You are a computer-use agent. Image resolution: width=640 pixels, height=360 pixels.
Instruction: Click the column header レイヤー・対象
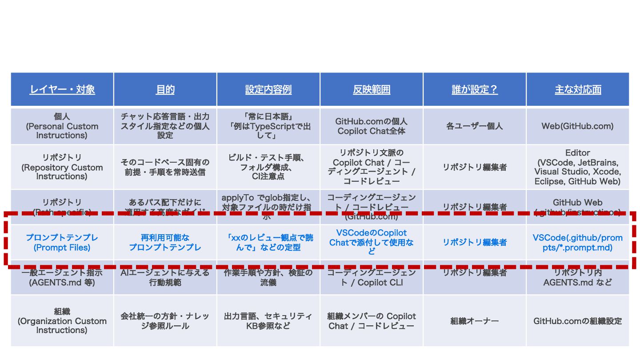62,89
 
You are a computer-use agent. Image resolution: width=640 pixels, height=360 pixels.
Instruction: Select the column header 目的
165,89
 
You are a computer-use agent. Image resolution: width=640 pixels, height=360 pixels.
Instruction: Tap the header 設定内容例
268,89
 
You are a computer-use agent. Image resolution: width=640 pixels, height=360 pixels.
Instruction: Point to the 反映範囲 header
372,89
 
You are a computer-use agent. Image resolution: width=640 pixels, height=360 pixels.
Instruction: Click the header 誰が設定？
475,89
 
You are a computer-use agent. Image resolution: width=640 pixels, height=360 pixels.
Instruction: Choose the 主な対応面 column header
578,89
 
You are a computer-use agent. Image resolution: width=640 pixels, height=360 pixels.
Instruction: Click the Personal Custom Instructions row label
62,126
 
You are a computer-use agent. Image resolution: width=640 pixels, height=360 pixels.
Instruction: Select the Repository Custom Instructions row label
62,167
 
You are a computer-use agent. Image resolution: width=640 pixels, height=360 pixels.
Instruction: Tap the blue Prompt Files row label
62,242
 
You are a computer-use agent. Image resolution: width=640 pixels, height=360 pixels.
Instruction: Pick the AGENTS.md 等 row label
62,277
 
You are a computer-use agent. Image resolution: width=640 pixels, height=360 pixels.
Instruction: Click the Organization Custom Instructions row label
62,320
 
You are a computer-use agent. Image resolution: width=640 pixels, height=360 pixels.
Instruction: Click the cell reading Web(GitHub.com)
578,126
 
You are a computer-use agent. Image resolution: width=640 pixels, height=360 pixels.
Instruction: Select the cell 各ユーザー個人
475,126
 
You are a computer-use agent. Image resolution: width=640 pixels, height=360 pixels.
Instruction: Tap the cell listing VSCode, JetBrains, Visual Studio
578,167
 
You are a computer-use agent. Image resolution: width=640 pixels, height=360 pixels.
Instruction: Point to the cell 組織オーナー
475,320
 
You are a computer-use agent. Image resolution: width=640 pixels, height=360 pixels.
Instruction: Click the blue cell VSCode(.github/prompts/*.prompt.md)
578,242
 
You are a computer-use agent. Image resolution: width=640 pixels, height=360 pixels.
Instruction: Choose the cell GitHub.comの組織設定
578,320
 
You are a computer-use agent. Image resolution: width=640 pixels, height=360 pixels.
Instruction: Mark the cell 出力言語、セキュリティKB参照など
268,320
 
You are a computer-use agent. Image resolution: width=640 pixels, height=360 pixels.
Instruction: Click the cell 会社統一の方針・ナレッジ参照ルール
165,320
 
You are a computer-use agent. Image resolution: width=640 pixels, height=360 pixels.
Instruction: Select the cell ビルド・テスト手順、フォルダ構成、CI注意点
268,167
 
